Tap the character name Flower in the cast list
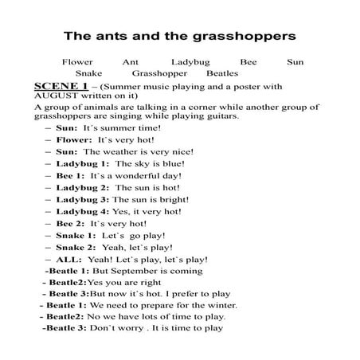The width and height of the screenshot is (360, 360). (x=77, y=61)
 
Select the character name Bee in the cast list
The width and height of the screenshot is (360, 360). (x=248, y=61)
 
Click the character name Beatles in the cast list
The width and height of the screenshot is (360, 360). (x=222, y=72)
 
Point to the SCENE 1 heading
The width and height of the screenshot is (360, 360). (x=61, y=84)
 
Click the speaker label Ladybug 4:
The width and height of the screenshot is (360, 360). (x=83, y=211)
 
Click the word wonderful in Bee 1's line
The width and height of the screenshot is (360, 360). (x=138, y=174)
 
